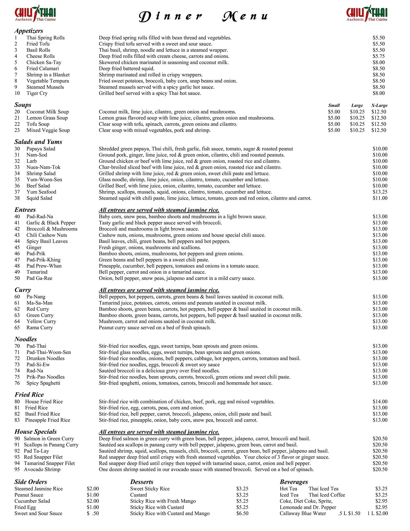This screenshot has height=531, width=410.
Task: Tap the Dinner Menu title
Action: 203,16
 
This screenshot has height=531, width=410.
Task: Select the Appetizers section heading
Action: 29,31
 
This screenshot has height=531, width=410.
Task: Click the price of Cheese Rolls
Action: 379,56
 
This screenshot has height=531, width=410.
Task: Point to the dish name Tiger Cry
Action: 37,93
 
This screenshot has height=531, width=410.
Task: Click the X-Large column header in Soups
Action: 379,106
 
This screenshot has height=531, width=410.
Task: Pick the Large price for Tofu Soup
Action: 357,124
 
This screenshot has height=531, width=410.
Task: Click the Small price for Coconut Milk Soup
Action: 334,112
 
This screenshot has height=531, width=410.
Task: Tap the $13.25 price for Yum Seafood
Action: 380,192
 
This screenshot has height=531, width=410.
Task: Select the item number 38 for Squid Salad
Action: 17,198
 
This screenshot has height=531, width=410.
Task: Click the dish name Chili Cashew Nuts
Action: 47,235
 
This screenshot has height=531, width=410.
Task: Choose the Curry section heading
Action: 23,290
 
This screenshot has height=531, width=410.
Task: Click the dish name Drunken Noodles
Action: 45,358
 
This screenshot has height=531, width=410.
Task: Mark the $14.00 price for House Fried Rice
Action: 380,402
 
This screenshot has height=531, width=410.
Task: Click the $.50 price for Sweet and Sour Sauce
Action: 93,513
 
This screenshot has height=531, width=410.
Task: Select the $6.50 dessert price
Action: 242,513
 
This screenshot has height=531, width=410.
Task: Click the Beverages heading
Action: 294,482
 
